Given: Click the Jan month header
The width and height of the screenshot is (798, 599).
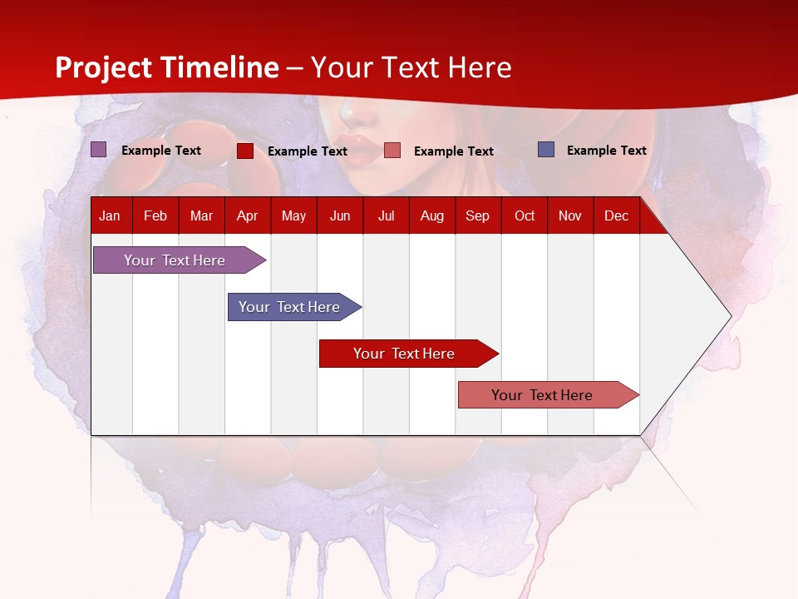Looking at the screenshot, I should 110,215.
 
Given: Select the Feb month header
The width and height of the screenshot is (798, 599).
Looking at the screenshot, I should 155,215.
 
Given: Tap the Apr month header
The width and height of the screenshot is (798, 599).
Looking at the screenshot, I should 247,215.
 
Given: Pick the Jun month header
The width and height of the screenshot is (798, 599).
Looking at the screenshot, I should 340,215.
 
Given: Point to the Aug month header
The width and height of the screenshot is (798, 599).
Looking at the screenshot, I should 431,215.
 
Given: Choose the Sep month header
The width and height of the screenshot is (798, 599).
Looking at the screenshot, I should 477,215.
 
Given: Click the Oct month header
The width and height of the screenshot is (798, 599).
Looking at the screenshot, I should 525,215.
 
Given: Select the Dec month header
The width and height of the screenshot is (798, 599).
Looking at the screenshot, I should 616,215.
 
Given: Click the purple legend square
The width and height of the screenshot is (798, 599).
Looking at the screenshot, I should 99,150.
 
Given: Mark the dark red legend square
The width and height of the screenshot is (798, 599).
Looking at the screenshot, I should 245,151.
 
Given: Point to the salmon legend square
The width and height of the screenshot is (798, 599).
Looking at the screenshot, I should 392,151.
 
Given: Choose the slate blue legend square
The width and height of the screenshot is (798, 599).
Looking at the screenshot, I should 546,150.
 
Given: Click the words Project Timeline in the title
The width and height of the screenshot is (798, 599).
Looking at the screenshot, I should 167,67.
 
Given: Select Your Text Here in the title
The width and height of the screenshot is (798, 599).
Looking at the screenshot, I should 411,67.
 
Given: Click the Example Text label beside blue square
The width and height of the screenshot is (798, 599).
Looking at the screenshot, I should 606,151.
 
